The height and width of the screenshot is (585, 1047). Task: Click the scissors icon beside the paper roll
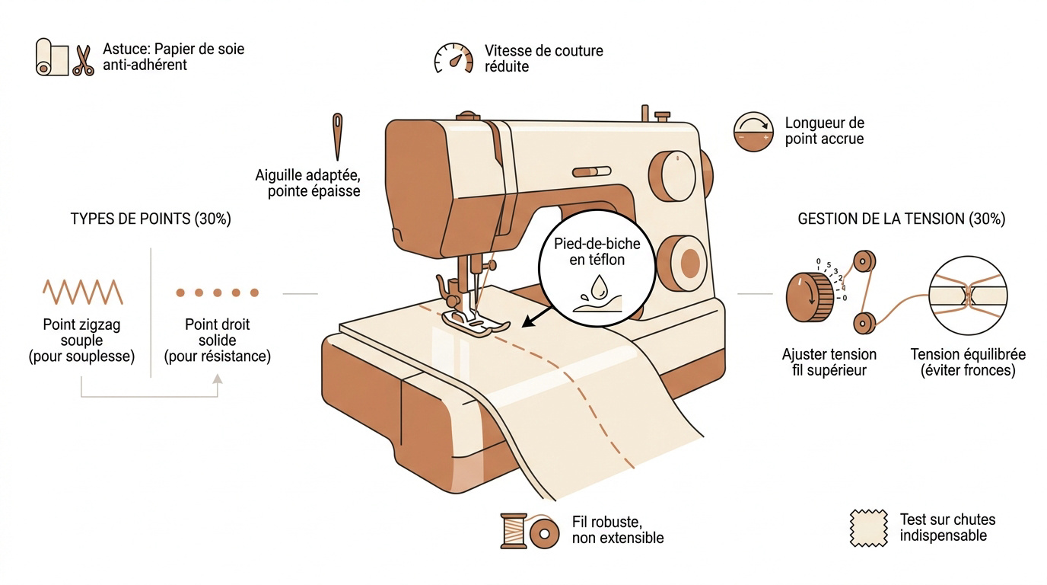[x=83, y=60]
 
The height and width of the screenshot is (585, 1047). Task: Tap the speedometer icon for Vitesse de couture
[x=453, y=58]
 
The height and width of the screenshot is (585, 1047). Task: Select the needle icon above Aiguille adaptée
[x=337, y=136]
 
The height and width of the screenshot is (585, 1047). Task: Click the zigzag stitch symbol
[x=83, y=292]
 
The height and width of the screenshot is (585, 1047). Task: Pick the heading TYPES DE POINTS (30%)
[x=151, y=219]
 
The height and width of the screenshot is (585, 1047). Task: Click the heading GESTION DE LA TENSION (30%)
[x=901, y=219]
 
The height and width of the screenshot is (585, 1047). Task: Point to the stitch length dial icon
[x=753, y=132]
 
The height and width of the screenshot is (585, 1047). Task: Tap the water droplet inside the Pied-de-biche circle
[x=599, y=286]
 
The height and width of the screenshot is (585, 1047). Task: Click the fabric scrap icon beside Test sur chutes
[x=869, y=528]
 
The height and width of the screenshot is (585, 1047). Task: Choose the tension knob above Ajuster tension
[x=810, y=297]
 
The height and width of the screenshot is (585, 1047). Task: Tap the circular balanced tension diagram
[x=968, y=296]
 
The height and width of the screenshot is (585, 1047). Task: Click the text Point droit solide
[x=218, y=332]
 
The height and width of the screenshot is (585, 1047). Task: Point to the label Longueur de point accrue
[x=825, y=130]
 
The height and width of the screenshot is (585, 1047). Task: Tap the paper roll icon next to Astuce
[x=52, y=57]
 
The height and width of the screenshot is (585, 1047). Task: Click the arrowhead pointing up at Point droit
[x=218, y=379]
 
